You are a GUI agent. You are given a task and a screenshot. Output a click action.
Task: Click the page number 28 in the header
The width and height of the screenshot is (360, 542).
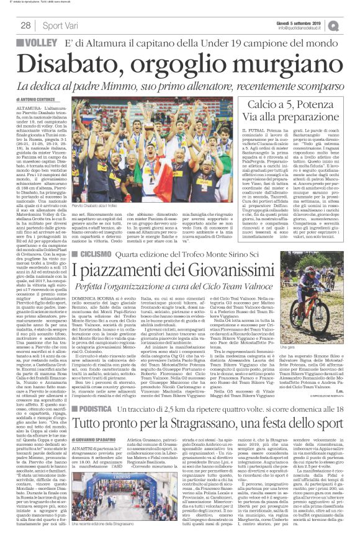tap(25, 25)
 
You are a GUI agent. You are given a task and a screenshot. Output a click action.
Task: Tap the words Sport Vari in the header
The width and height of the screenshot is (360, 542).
tap(60, 25)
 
